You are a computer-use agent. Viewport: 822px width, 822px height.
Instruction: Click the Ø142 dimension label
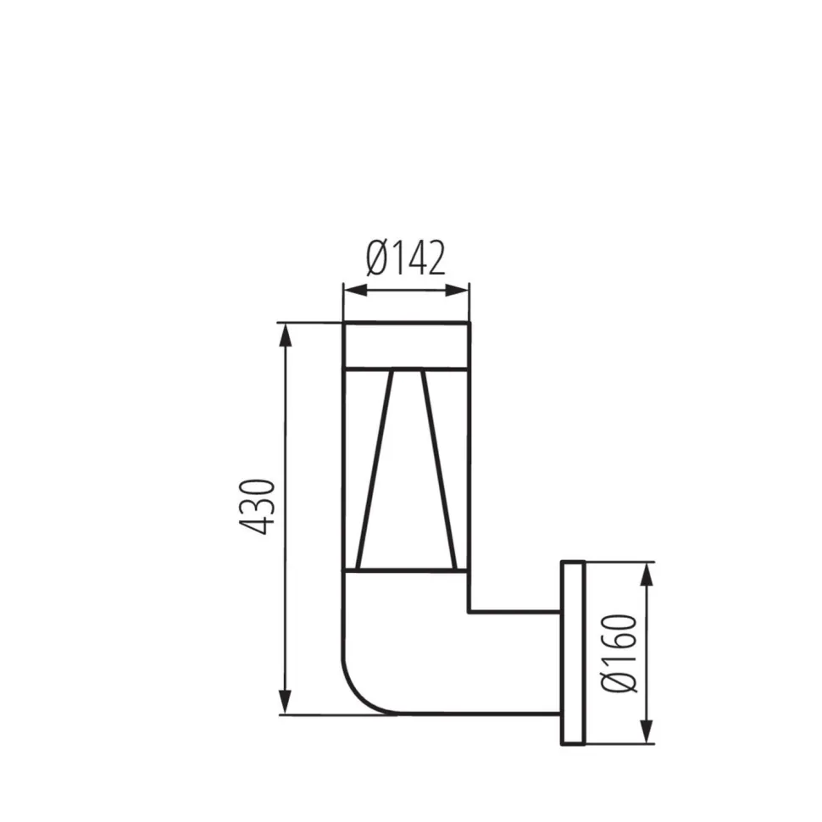tap(405, 258)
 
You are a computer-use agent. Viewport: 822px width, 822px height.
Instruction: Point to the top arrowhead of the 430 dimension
tap(286, 332)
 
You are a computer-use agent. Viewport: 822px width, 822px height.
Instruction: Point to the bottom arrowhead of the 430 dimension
tap(286, 704)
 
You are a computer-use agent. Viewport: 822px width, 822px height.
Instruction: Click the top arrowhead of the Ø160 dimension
tap(647, 572)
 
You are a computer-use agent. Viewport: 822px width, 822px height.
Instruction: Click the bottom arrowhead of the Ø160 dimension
tap(647, 734)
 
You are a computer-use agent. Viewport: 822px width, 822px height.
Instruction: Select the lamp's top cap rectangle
tap(405, 346)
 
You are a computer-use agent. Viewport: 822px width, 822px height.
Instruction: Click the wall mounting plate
tap(574, 653)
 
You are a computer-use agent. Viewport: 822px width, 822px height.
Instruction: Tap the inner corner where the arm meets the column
tap(469, 610)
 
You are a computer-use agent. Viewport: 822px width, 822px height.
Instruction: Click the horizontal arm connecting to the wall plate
tap(513, 662)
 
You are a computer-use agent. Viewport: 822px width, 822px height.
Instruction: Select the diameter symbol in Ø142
tap(377, 258)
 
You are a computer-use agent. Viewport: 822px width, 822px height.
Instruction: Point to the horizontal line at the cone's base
tap(405, 570)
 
